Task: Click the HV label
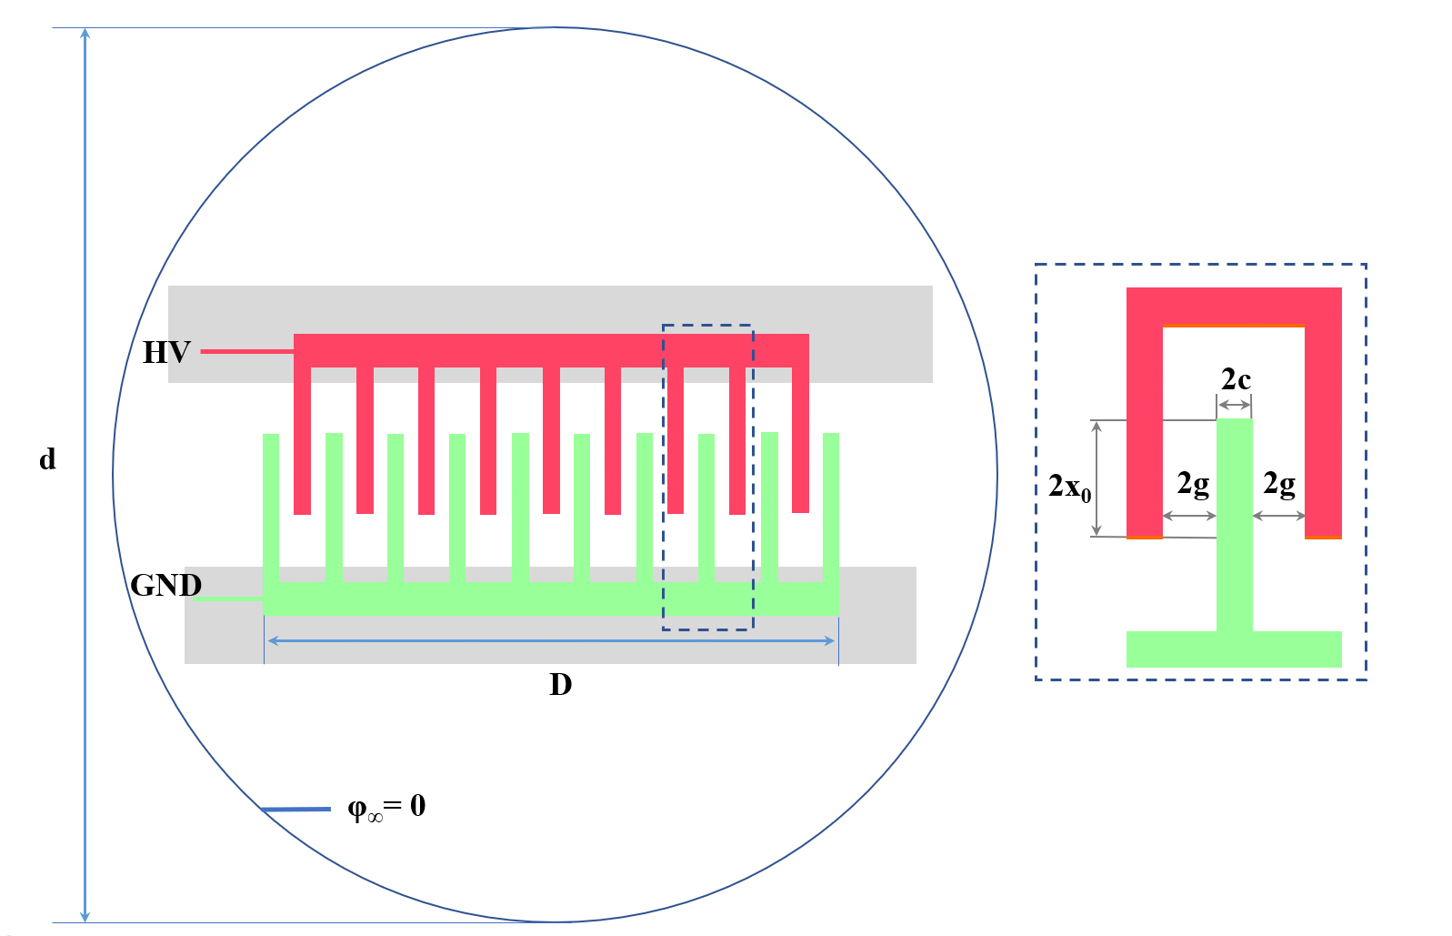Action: tap(165, 352)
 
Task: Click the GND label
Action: tap(165, 585)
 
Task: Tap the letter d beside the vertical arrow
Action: tap(47, 458)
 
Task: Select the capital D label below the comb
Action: tap(560, 684)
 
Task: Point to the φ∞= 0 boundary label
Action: tap(386, 806)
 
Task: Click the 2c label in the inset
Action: tap(1236, 379)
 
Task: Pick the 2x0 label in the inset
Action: tap(1069, 487)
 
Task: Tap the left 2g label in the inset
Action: tap(1193, 483)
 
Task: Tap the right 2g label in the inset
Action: tap(1279, 483)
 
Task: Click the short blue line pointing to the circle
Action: tap(296, 809)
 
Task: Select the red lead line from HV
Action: tap(246, 351)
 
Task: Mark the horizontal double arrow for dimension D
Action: tap(551, 641)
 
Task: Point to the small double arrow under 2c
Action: tap(1234, 405)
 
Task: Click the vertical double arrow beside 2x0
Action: tap(1097, 478)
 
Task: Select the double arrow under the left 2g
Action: tap(1189, 516)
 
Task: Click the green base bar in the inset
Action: tap(1234, 649)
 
